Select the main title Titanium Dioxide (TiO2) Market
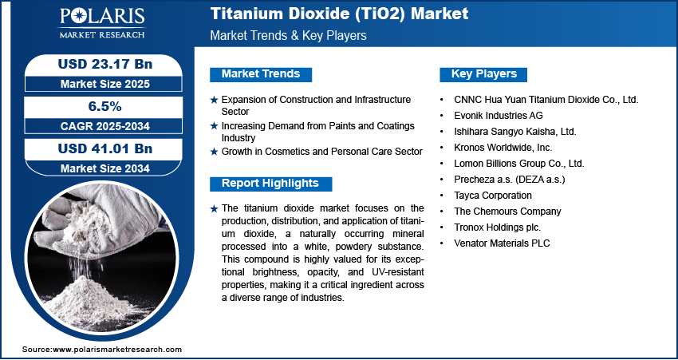(x=339, y=14)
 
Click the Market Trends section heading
(x=261, y=74)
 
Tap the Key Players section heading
(x=484, y=74)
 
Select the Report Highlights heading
(x=270, y=184)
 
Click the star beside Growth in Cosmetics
(x=214, y=152)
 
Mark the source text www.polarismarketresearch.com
(x=116, y=350)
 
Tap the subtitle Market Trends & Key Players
(x=288, y=36)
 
